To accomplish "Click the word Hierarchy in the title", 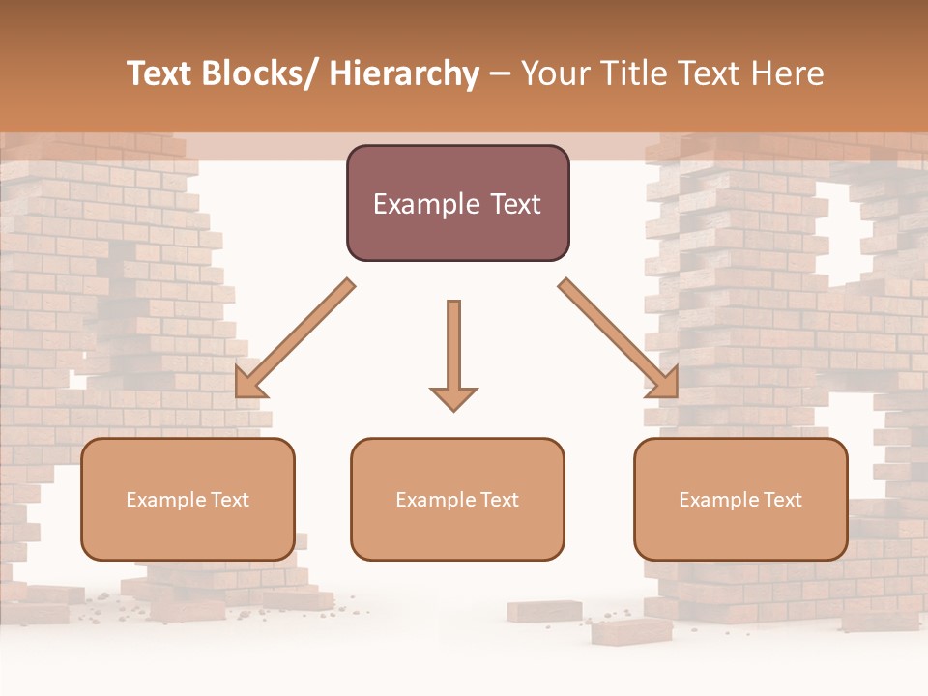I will pos(405,73).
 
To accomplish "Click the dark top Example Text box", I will pos(457,203).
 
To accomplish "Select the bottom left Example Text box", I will pos(188,499).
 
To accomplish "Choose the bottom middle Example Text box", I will pos(457,499).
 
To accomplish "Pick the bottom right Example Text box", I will pos(740,499).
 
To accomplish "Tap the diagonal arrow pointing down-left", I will pos(295,338).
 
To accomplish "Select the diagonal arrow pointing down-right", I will pos(619,338).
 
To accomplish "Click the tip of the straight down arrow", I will pos(453,410).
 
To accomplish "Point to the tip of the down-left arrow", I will pos(238,395).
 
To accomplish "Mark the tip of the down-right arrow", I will pos(676,395).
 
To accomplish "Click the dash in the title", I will pos(500,73).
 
